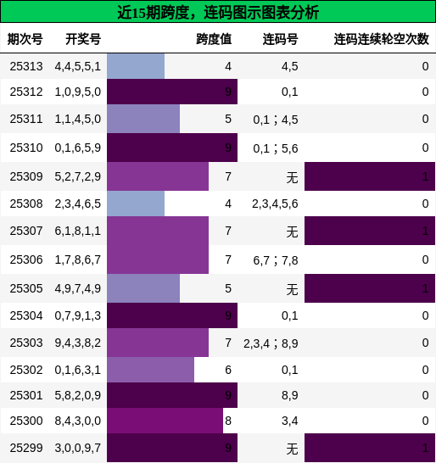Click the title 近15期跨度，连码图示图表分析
[x=218, y=12]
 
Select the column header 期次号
[x=25, y=39]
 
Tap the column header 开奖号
[x=82, y=39]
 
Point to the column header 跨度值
[x=214, y=39]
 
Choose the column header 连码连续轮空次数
[x=381, y=39]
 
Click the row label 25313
[x=26, y=66]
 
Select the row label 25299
[x=26, y=448]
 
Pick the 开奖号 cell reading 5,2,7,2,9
[x=77, y=176]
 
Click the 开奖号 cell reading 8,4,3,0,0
[x=77, y=421]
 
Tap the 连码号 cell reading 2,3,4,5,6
[x=275, y=204]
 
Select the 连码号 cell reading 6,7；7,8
[x=275, y=259]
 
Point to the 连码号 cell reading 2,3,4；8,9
[x=271, y=343]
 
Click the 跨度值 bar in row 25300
[x=165, y=421]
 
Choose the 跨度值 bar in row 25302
[x=150, y=370]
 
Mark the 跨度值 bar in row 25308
[x=136, y=204]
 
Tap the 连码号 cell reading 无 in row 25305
[x=292, y=289]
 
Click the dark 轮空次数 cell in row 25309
[x=369, y=176]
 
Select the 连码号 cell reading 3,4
[x=289, y=421]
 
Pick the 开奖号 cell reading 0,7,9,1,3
[x=77, y=315]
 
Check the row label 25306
[x=26, y=259]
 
